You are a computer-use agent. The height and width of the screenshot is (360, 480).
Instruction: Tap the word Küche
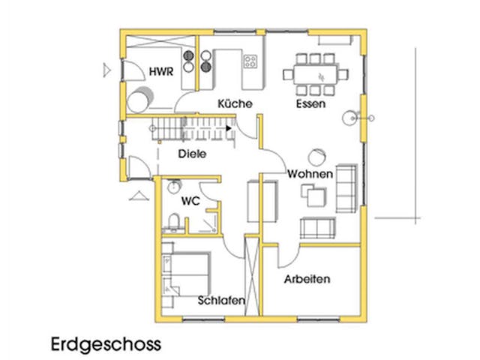click(x=235, y=103)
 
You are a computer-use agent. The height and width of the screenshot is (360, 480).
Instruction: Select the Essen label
click(x=310, y=103)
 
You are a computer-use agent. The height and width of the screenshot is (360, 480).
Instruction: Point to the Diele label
click(x=192, y=154)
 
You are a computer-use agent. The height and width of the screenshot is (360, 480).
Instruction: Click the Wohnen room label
click(x=310, y=174)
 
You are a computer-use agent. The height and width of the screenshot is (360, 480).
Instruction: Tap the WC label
click(x=190, y=201)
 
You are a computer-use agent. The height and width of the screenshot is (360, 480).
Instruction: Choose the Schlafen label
click(x=220, y=301)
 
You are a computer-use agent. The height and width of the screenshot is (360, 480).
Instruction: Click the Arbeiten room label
click(x=307, y=279)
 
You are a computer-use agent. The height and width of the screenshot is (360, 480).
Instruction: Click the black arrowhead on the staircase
click(x=227, y=128)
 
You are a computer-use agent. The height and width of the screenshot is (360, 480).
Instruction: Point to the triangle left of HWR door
click(x=106, y=71)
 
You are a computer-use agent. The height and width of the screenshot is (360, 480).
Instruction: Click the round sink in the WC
click(x=174, y=185)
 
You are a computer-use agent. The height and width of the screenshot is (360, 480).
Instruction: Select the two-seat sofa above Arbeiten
click(x=317, y=226)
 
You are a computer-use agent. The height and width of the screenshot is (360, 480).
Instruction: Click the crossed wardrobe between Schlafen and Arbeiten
click(x=253, y=273)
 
